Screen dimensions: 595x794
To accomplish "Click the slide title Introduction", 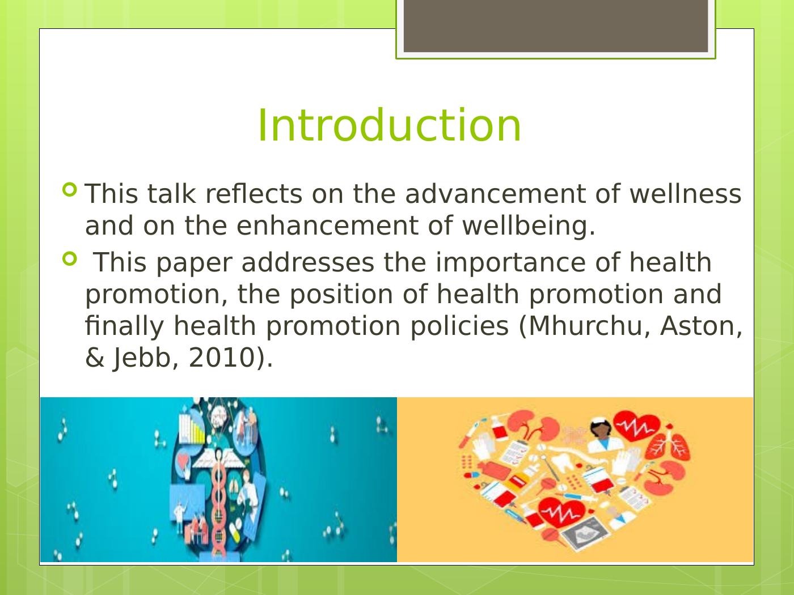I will pyautogui.click(x=389, y=125).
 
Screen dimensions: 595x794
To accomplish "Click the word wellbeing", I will pyautogui.click(x=529, y=226).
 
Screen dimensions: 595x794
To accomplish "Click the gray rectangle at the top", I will pyautogui.click(x=556, y=26).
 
